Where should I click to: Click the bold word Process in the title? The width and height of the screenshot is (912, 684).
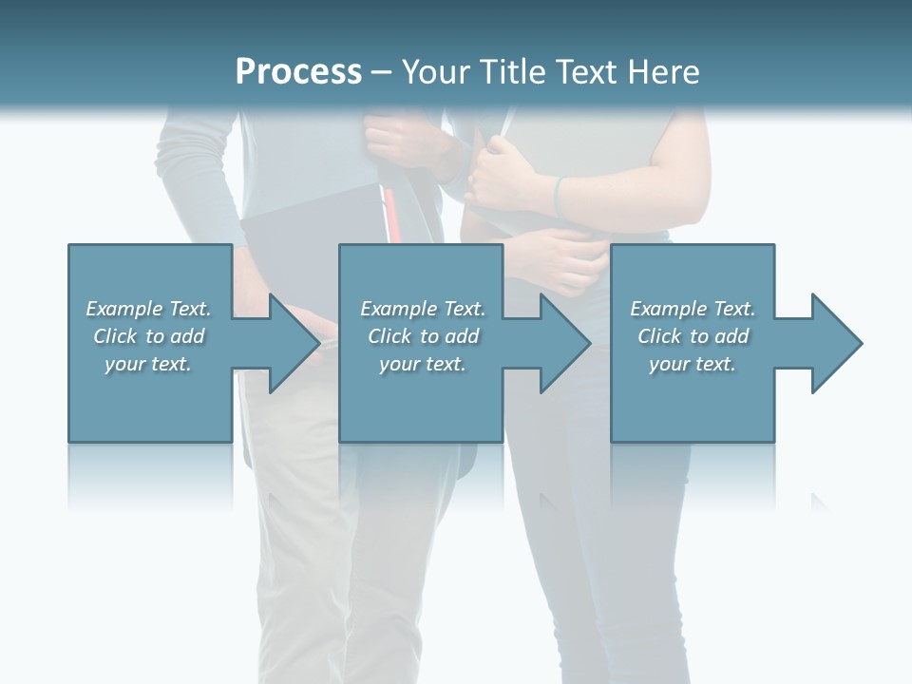298,72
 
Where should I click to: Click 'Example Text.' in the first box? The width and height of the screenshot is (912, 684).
148,309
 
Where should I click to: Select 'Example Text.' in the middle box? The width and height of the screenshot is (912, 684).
423,309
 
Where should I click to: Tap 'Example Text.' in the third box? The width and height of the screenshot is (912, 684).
693,309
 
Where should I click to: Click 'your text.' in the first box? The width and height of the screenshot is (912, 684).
148,364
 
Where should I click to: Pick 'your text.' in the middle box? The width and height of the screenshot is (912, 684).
423,364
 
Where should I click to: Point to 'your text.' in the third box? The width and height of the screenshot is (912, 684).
693,364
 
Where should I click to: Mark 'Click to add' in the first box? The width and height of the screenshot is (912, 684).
148,336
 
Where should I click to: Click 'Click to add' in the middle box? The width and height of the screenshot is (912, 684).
423,336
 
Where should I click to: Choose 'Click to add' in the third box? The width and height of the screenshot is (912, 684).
693,336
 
